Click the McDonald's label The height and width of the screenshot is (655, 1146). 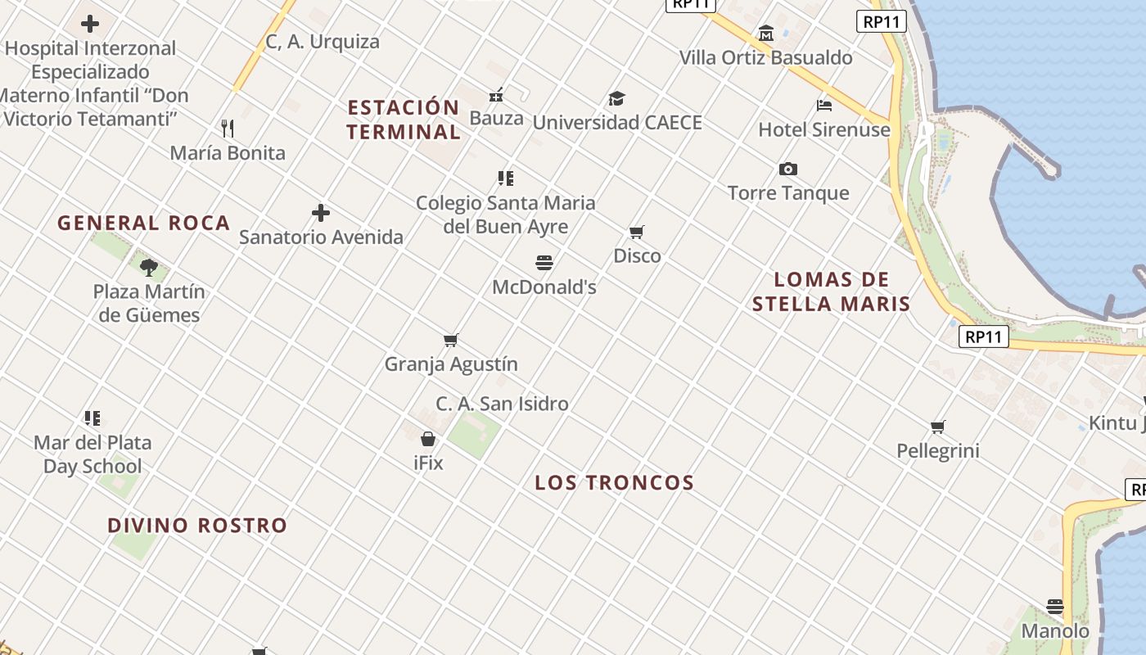click(544, 287)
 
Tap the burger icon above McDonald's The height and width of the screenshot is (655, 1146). click(545, 263)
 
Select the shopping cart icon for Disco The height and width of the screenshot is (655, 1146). click(637, 233)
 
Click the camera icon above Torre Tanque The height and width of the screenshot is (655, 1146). click(788, 169)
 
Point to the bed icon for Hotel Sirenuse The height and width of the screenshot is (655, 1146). click(824, 106)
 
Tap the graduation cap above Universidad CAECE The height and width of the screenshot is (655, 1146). click(616, 99)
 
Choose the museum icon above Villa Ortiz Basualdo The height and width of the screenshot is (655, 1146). click(766, 34)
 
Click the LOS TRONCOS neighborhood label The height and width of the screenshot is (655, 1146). click(614, 483)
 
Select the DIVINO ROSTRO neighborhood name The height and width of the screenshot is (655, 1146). click(197, 526)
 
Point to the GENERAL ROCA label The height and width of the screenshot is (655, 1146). click(144, 224)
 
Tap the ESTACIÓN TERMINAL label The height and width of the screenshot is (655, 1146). click(404, 120)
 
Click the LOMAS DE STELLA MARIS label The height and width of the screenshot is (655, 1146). click(832, 291)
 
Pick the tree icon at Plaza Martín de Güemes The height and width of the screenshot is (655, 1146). click(149, 267)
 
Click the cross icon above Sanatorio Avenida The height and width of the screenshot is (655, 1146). click(321, 214)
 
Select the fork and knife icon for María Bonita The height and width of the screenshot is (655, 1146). click(228, 129)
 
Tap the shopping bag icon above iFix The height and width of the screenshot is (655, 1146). click(428, 440)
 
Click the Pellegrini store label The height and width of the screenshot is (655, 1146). click(938, 451)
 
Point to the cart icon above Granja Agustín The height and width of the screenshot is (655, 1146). click(451, 341)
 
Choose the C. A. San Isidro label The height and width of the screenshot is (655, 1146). click(502, 404)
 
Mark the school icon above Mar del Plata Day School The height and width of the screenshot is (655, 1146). click(92, 418)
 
